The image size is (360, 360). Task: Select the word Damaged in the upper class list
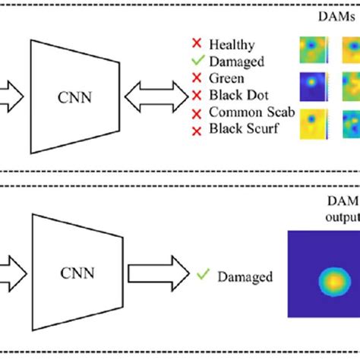click(239, 62)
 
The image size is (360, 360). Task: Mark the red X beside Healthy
click(197, 46)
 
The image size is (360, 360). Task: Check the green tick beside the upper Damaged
click(197, 62)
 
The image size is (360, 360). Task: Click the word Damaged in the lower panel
click(245, 277)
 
